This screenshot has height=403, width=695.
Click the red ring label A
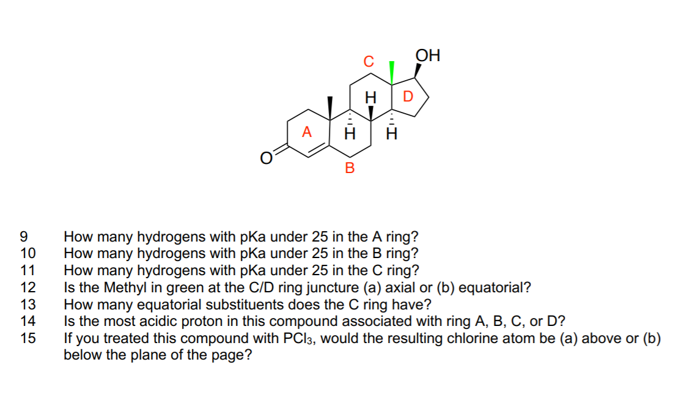click(x=307, y=131)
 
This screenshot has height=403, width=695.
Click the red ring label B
click(x=350, y=168)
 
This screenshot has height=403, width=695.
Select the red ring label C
click(x=367, y=61)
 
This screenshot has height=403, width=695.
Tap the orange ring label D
click(x=408, y=96)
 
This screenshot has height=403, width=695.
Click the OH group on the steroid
click(x=427, y=56)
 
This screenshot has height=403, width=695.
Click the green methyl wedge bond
click(x=392, y=71)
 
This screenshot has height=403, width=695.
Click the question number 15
click(x=28, y=339)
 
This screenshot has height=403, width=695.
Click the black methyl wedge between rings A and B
click(x=330, y=107)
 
